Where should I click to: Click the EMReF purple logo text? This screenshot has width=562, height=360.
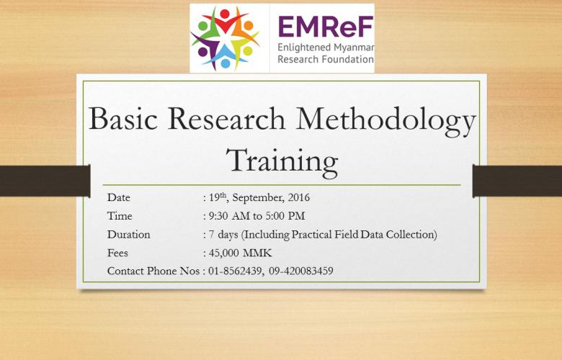point(326,27)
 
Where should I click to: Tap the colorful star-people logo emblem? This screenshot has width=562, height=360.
point(225,38)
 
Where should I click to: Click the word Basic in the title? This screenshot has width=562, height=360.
point(123,118)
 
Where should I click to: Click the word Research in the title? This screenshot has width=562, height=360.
point(226,118)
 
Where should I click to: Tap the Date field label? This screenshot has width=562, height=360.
point(119,197)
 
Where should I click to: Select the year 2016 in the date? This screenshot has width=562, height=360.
point(299,197)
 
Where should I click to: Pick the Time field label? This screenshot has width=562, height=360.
point(120,216)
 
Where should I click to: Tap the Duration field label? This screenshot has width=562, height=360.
point(129,235)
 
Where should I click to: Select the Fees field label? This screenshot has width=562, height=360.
point(117,253)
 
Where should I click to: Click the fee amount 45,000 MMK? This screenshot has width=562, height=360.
point(240,253)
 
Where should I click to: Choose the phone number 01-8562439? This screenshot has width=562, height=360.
point(235,271)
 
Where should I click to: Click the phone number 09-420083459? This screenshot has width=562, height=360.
point(301,271)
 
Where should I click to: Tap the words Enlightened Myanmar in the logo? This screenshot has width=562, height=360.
point(326,48)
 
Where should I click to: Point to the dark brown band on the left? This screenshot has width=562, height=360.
point(45,181)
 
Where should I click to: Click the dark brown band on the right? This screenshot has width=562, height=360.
point(517,181)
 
